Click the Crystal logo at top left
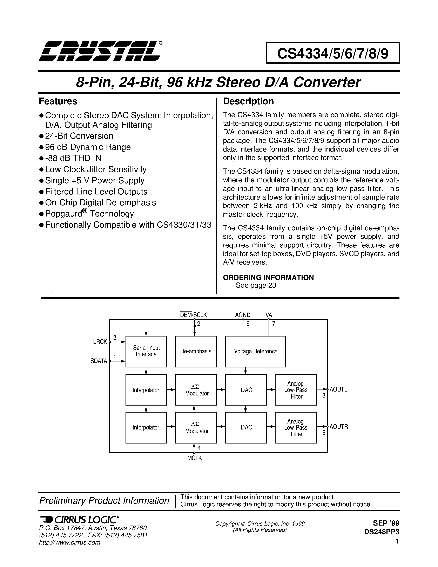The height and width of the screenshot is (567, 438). coord(100,51)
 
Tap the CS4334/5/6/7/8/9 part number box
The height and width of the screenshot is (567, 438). coord(333,53)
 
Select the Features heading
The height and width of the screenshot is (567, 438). coord(58,101)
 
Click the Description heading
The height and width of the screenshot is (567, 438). coord(248,101)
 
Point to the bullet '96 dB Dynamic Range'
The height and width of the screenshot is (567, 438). coord(88,147)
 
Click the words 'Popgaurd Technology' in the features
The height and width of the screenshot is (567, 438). coord(89,214)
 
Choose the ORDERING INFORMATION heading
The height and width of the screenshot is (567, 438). coord(268,278)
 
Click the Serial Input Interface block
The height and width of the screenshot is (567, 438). coord(146,351)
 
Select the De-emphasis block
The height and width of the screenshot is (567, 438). coord(196,351)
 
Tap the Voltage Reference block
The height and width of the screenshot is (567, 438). coord(255,351)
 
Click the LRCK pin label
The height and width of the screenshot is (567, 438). coord(100,342)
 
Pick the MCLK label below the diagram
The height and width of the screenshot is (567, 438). coord(195,458)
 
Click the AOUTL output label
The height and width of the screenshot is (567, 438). coord(338,389)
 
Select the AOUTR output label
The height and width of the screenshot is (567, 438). coord(339,427)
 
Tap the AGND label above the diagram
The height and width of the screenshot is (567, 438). coord(243,315)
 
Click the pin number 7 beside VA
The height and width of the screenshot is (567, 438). coord(274,324)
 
